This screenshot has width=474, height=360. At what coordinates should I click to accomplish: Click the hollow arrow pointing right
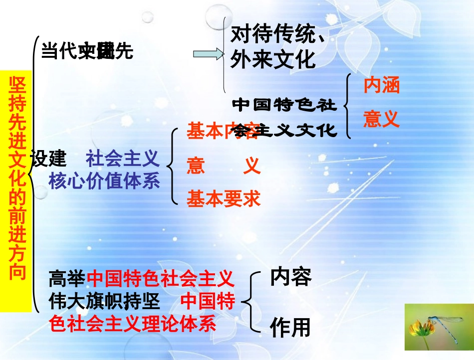click(x=209, y=54)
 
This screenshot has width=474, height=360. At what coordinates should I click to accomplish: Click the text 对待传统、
click(x=278, y=34)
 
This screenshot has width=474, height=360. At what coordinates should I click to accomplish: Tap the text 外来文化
click(x=273, y=59)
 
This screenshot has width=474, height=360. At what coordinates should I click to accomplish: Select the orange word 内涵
click(x=381, y=86)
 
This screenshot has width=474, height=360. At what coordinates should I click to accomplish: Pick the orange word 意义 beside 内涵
click(x=381, y=119)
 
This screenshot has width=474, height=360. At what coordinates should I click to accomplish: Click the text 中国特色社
click(x=284, y=105)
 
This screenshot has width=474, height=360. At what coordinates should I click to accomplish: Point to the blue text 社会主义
click(x=123, y=159)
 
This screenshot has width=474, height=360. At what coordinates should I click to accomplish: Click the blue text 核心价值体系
click(x=104, y=181)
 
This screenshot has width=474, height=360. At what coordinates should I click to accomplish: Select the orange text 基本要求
click(x=224, y=199)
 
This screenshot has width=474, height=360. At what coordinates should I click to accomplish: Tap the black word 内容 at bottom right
click(x=291, y=277)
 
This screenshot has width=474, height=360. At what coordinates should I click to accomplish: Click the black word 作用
click(x=290, y=328)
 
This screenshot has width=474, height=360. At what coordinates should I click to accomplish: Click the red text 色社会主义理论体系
click(x=133, y=324)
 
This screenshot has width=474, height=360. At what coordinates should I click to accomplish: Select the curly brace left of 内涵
click(x=348, y=106)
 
